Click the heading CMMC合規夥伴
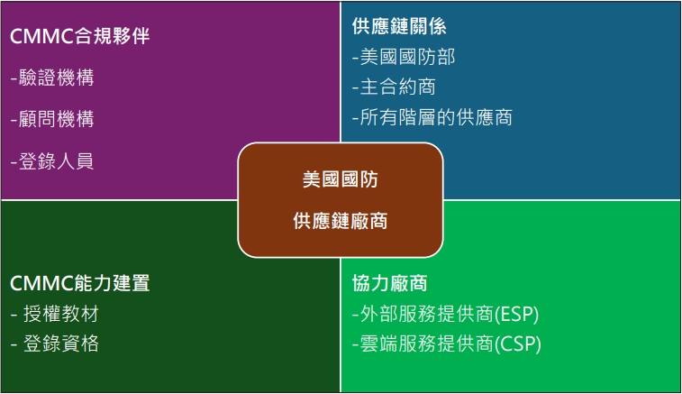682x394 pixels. pos(79,36)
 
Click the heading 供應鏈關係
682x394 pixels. pos(399,26)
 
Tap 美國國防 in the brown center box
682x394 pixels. pos(341,179)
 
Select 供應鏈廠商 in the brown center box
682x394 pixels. pos(341,221)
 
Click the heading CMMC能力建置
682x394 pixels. pos(79,283)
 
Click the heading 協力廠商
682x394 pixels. pos(390,283)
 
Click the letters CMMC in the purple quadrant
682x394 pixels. pos(41,37)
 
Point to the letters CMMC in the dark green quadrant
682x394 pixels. pos(41,284)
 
